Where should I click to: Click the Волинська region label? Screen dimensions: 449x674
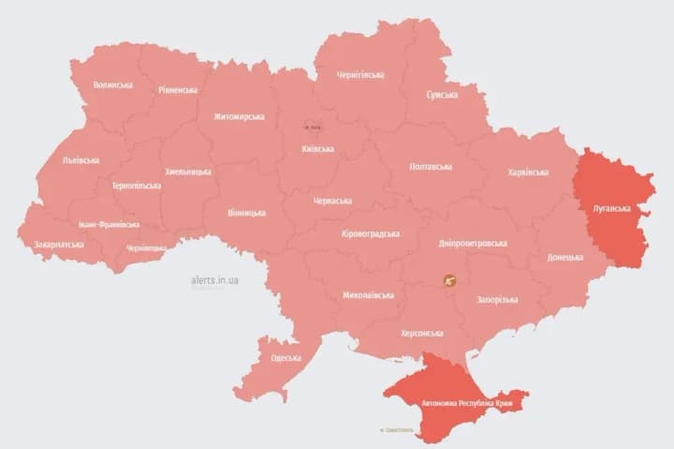(112, 85)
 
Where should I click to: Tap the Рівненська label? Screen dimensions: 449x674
(178, 90)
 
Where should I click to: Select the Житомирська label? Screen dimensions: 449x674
(239, 117)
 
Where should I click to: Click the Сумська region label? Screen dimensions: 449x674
(442, 96)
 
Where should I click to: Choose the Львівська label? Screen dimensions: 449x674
(81, 160)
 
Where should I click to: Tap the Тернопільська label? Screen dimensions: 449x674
(136, 186)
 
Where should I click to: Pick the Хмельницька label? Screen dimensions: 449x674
(188, 172)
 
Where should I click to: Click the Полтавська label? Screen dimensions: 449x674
(431, 167)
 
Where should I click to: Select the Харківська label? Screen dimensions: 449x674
(528, 172)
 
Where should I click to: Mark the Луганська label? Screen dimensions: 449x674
(612, 208)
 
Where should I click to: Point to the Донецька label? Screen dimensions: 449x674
(565, 256)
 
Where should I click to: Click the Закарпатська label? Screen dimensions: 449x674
(59, 245)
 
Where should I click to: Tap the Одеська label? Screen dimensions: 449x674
(286, 358)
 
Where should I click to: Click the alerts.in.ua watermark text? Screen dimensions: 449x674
(214, 280)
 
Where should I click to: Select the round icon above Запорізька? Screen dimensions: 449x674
(450, 279)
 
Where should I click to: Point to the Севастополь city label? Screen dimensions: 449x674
(397, 430)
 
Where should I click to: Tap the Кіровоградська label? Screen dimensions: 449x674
(371, 233)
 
